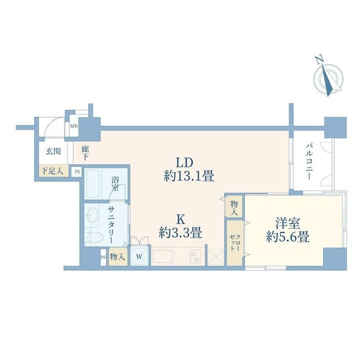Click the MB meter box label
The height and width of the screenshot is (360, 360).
pyautogui.click(x=74, y=126)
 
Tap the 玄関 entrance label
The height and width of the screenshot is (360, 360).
pyautogui.click(x=53, y=152)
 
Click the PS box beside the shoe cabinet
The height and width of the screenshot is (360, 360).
pyautogui.click(x=77, y=171)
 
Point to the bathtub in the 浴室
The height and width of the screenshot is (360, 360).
pyautogui.click(x=93, y=184)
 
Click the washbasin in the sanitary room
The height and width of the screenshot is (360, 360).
pyautogui.click(x=92, y=215)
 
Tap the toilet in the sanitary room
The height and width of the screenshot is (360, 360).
pyautogui.click(x=94, y=237)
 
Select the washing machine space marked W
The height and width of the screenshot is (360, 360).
pyautogui.click(x=139, y=256)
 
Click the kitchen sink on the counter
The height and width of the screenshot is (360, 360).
pyautogui.click(x=162, y=256)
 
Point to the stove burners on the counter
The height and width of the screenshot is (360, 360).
pyautogui.click(x=196, y=256)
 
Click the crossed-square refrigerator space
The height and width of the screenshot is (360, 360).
pyautogui.click(x=216, y=257)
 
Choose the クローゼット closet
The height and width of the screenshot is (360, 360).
pyautogui.click(x=235, y=243)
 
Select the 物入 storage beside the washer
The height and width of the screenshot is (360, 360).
pyautogui.click(x=117, y=257)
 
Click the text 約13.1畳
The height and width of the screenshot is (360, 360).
pyautogui.click(x=189, y=176)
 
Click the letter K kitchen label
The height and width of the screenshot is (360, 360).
pyautogui.click(x=180, y=220)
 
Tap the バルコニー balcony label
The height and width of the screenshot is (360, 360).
pyautogui.click(x=309, y=161)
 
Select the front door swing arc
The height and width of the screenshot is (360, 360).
pyautogui.click(x=49, y=124)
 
